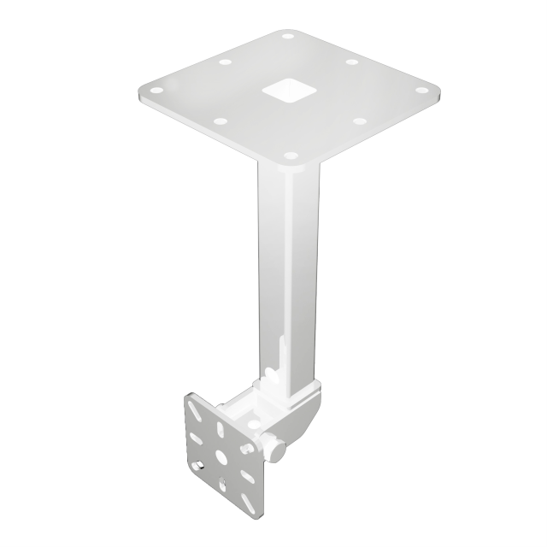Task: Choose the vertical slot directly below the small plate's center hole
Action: click(x=224, y=484)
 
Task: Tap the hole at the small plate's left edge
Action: click(x=199, y=467)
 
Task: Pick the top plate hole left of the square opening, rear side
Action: click(x=226, y=62)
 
